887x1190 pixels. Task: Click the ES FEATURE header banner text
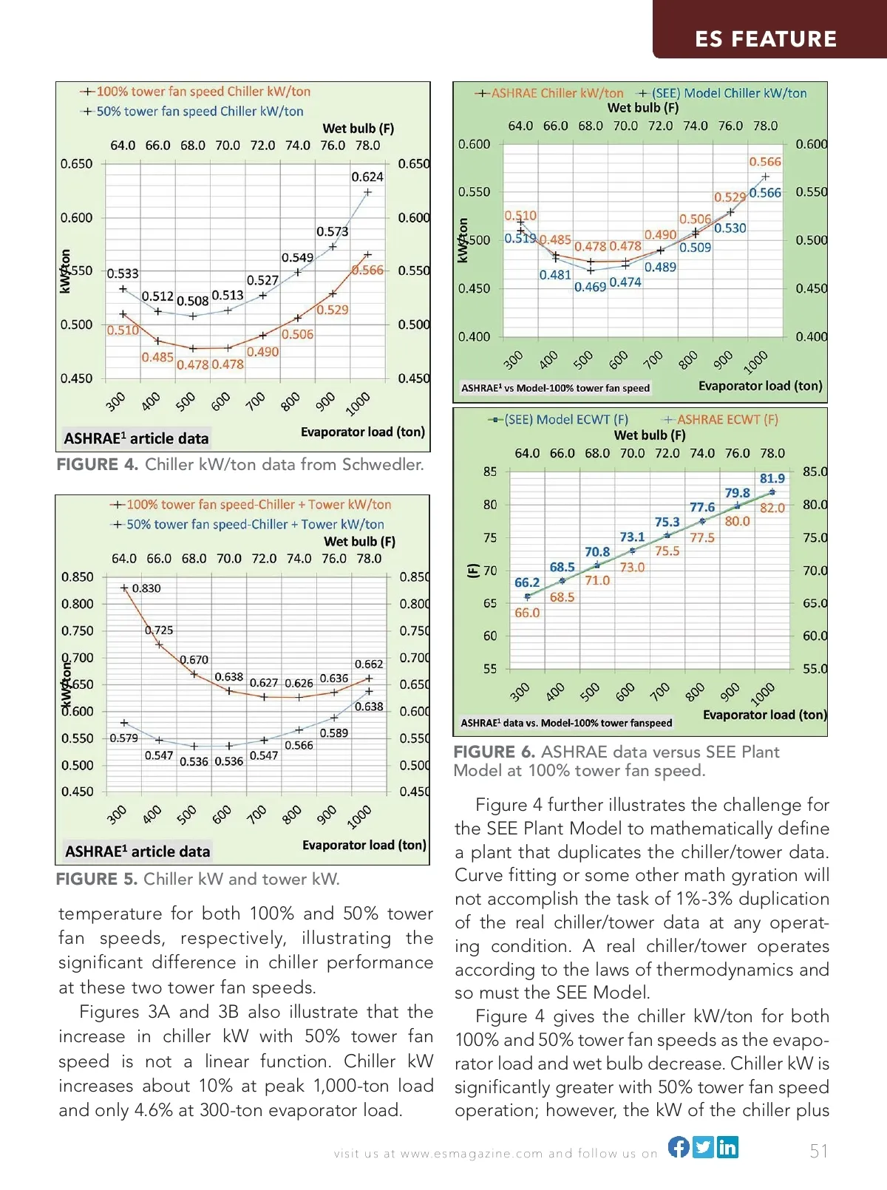pyautogui.click(x=766, y=38)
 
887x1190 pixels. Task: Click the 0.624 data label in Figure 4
pyautogui.click(x=367, y=177)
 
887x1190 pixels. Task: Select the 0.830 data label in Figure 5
pyautogui.click(x=146, y=588)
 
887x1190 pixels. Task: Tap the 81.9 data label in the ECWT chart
pyautogui.click(x=772, y=478)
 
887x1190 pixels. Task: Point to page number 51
pyautogui.click(x=819, y=1151)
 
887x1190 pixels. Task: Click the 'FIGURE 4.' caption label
pyautogui.click(x=98, y=464)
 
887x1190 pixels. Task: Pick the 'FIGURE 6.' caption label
pyautogui.click(x=494, y=752)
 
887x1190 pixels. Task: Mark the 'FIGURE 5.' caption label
pyautogui.click(x=97, y=879)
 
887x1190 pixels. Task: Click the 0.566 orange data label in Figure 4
pyautogui.click(x=368, y=271)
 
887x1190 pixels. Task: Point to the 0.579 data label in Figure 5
pyautogui.click(x=123, y=738)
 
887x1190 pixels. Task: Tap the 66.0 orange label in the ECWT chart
pyautogui.click(x=527, y=613)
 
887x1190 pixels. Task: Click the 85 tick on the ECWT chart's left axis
pyautogui.click(x=490, y=472)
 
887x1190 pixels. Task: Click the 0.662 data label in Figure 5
pyautogui.click(x=369, y=664)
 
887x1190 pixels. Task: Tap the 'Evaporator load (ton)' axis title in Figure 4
pyautogui.click(x=362, y=432)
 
